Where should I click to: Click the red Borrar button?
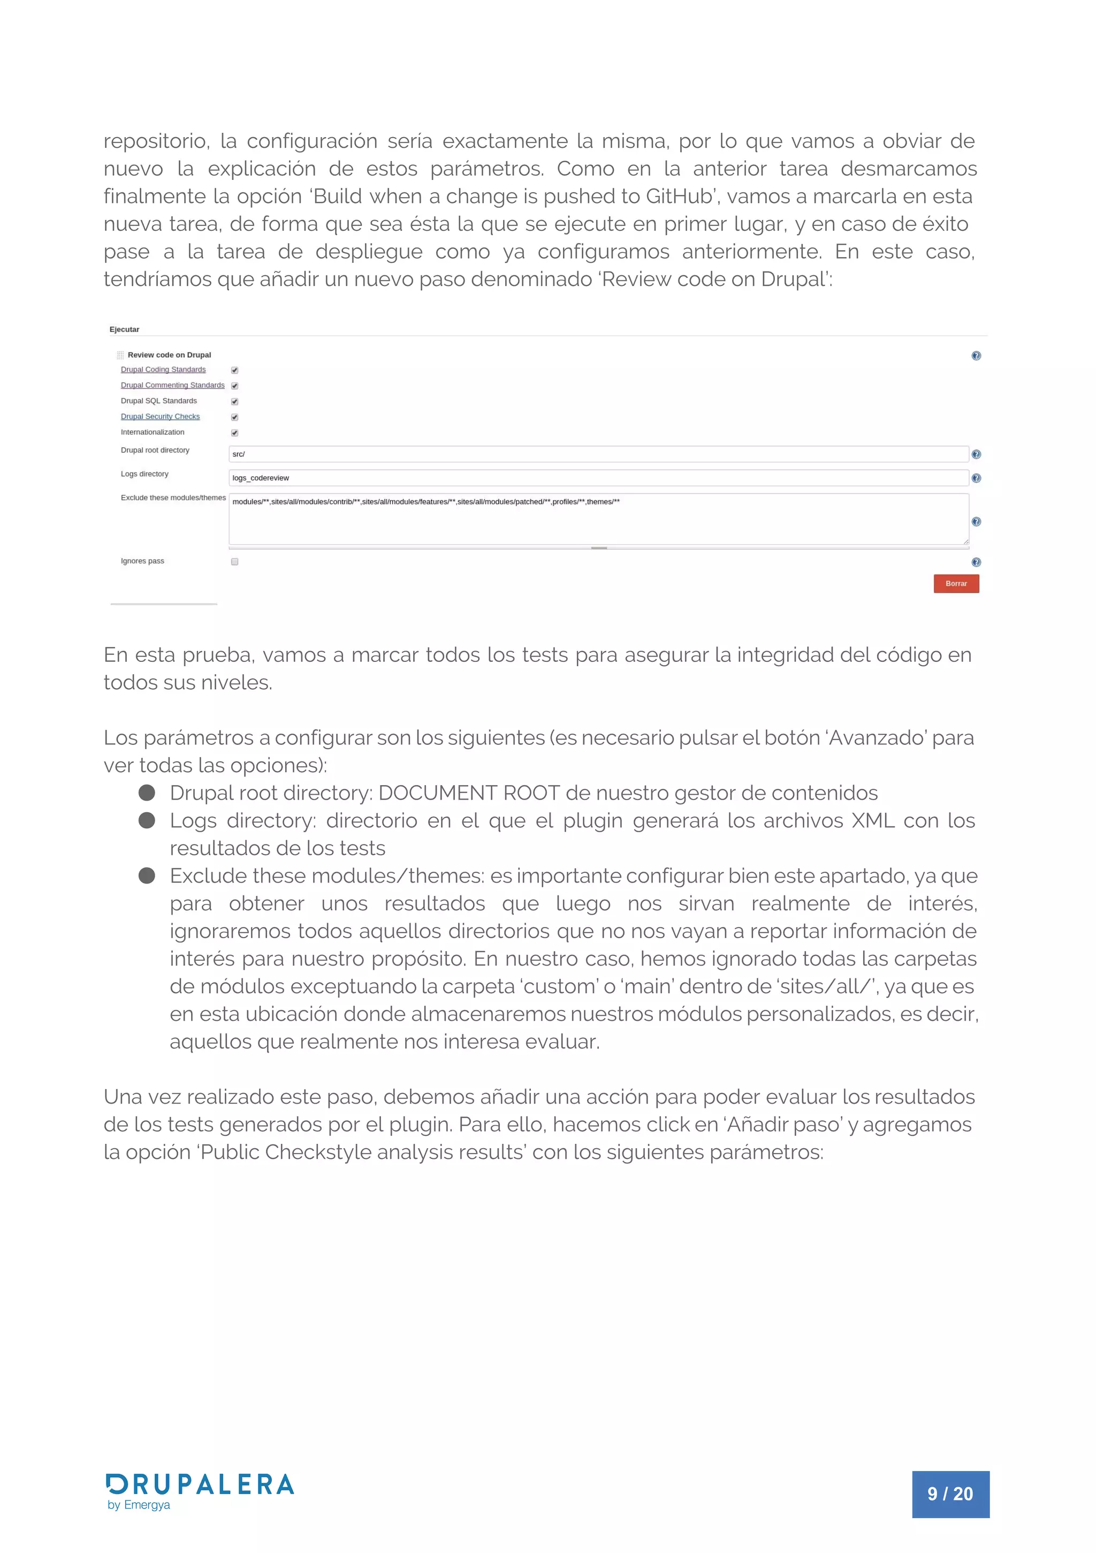tap(955, 583)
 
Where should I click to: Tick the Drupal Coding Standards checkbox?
tap(234, 370)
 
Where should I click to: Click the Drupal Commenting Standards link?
tap(172, 385)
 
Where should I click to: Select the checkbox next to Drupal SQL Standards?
tap(234, 401)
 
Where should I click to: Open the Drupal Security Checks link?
tap(160, 417)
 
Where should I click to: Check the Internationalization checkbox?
tap(234, 433)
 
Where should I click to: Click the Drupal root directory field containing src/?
tap(598, 454)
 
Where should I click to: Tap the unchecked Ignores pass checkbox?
tap(234, 561)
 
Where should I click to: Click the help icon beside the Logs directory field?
tap(976, 478)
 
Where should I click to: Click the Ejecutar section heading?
tap(124, 329)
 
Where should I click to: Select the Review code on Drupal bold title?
tap(169, 355)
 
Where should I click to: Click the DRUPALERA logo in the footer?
tap(200, 1484)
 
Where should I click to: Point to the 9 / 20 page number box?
tap(950, 1494)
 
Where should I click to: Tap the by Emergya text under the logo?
tap(139, 1505)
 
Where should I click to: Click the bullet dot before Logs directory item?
tap(147, 820)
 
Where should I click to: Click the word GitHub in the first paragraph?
tap(679, 196)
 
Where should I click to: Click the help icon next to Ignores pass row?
tap(976, 562)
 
